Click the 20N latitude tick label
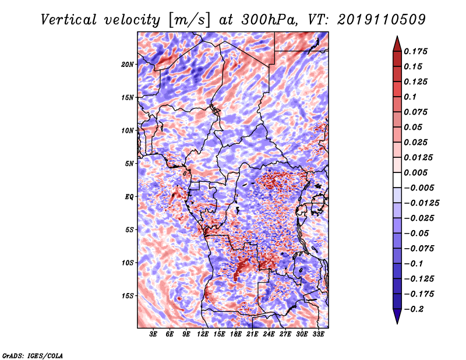[x=128, y=65]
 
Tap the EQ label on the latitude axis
[x=129, y=197]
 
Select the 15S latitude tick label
[x=128, y=296]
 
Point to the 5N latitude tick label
[x=129, y=164]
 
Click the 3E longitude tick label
[x=153, y=334]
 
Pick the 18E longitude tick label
[x=236, y=334]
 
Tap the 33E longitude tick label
[x=318, y=334]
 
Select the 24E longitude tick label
[x=269, y=334]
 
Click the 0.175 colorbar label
[x=415, y=51]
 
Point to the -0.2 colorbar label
[x=414, y=309]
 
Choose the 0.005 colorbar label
[x=415, y=172]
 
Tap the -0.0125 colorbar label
[x=422, y=203]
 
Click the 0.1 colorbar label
[x=410, y=97]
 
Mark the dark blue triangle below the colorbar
[x=397, y=316]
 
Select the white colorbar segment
[x=397, y=180]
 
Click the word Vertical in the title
[x=69, y=20]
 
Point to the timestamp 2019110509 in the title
[x=381, y=20]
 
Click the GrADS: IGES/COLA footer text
[x=33, y=355]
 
